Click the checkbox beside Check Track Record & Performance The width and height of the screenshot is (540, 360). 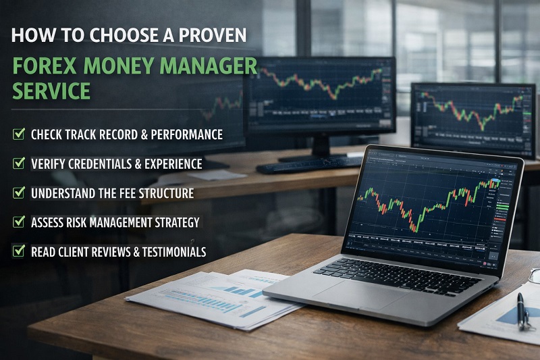(18, 134)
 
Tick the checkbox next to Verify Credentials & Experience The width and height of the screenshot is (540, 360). (18, 163)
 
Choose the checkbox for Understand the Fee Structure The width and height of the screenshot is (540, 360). (18, 193)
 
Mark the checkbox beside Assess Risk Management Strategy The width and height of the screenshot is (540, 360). (18, 222)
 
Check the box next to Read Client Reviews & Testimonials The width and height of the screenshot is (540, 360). (18, 252)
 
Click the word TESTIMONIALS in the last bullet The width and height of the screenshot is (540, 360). (168, 252)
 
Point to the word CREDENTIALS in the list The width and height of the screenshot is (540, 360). (93, 163)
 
